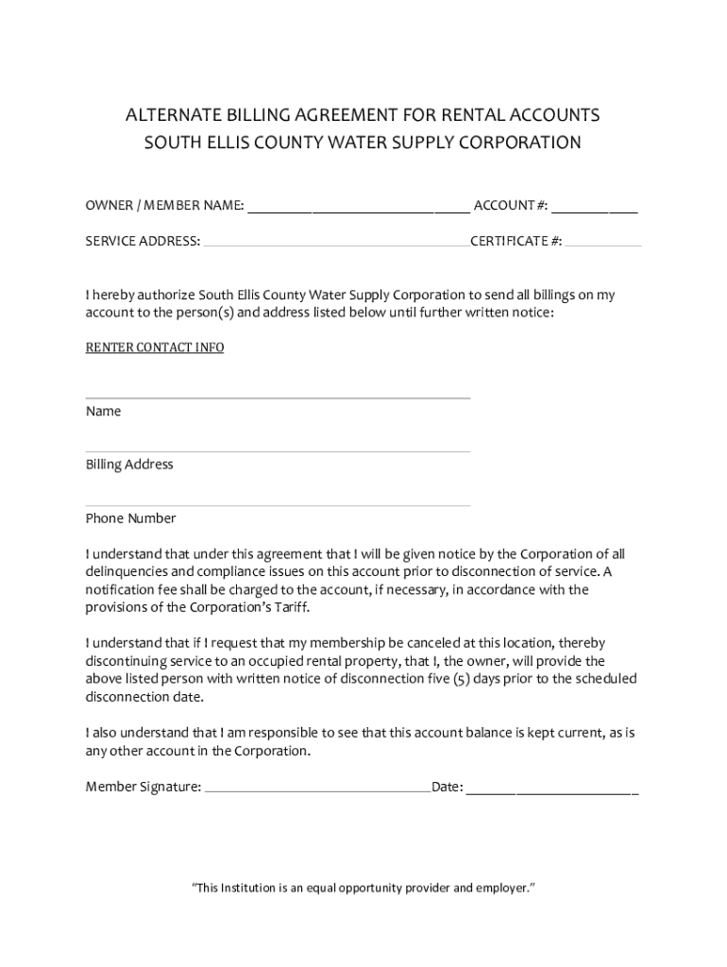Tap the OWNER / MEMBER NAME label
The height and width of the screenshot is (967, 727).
point(164,206)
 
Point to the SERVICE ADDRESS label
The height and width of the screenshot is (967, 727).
point(143,241)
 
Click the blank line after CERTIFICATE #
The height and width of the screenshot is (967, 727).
point(603,245)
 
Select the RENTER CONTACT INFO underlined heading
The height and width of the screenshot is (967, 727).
point(155,348)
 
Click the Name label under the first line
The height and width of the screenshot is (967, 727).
point(103,412)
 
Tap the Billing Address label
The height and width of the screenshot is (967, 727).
point(129,465)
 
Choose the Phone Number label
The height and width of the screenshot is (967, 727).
point(130,518)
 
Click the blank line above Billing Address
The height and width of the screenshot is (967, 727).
point(278,451)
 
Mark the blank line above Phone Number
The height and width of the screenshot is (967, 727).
point(278,505)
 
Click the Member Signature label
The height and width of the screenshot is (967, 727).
point(143,786)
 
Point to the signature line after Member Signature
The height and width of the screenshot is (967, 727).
point(317,790)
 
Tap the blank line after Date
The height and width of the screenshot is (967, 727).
point(552,790)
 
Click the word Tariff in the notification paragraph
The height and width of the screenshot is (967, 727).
point(288,607)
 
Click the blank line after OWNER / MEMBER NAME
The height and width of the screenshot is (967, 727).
point(358,211)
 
